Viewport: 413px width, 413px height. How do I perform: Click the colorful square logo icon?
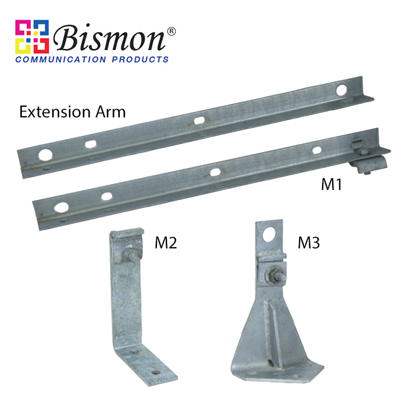click(32, 37)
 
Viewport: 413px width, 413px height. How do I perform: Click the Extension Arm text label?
click(73, 112)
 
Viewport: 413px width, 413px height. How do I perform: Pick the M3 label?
click(307, 242)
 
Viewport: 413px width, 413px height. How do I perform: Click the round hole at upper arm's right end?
click(342, 90)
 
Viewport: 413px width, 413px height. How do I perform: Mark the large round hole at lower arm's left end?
click(61, 207)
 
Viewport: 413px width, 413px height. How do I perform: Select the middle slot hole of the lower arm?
click(215, 172)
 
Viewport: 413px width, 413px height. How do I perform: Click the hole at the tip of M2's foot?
click(156, 372)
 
